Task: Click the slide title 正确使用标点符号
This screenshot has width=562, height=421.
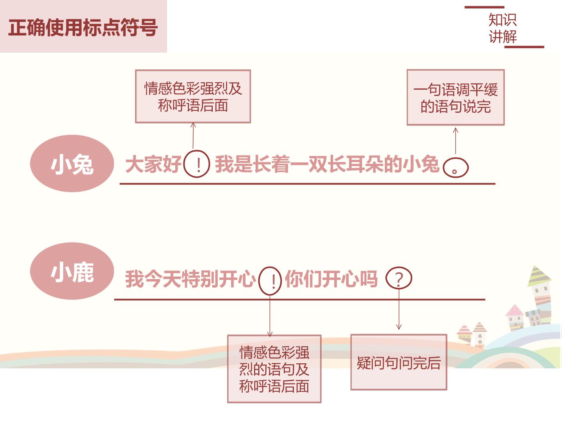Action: [x=83, y=27]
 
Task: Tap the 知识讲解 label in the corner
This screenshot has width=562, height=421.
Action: [x=503, y=28]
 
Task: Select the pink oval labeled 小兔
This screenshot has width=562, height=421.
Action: [x=72, y=163]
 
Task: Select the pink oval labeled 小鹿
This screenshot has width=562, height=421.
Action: [x=72, y=271]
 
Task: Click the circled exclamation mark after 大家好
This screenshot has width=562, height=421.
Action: [x=197, y=164]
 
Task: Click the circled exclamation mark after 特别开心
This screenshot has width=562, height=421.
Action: [x=270, y=281]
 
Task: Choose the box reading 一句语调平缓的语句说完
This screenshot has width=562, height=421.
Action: [x=455, y=97]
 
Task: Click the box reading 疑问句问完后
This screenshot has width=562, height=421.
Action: [x=398, y=362]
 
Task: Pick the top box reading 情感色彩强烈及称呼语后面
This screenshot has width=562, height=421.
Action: [x=193, y=96]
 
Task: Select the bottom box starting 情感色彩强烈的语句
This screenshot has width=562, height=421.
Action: [x=274, y=369]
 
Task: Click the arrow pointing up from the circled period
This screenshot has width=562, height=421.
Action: [x=455, y=141]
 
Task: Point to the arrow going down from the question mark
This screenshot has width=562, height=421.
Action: [x=399, y=309]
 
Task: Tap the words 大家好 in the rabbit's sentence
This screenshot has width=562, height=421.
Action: [x=153, y=164]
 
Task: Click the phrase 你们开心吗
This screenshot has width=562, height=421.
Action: [x=331, y=279]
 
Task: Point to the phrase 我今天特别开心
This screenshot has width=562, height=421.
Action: [x=190, y=279]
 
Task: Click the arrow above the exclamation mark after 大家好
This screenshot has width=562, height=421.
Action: [x=193, y=136]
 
